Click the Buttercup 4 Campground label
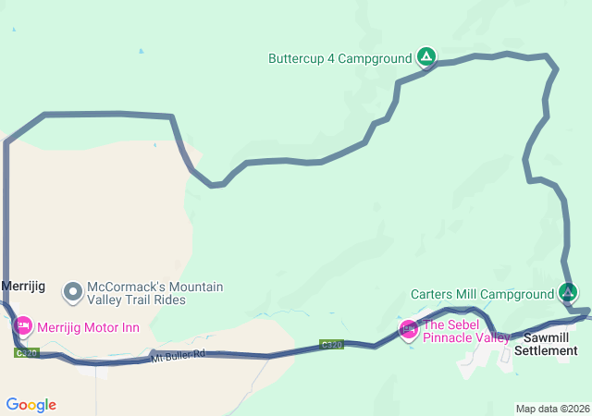click(339, 58)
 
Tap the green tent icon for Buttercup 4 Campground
click(425, 57)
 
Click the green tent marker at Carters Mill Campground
click(569, 293)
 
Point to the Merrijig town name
click(24, 287)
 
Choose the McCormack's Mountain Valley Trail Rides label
click(154, 293)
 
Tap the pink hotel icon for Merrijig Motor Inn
click(22, 326)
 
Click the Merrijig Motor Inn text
click(88, 327)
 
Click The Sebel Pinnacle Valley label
click(465, 331)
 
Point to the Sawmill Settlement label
click(546, 344)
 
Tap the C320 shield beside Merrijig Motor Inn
click(28, 352)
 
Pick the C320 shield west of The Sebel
click(332, 344)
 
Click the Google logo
click(31, 405)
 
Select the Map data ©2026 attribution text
click(551, 409)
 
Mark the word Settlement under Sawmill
click(546, 350)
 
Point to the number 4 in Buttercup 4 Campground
click(335, 58)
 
